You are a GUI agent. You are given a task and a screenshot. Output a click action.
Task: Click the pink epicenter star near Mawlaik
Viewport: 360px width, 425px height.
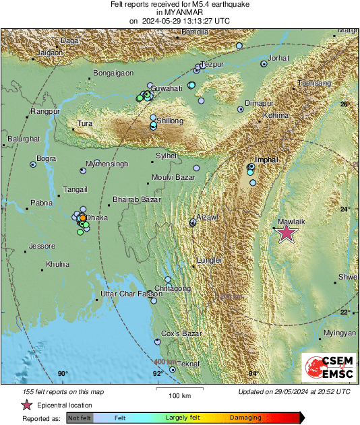287,233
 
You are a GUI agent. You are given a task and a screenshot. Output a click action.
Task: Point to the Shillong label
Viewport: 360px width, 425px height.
170,121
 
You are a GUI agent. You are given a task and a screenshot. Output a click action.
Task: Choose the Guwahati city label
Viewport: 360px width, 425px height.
167,88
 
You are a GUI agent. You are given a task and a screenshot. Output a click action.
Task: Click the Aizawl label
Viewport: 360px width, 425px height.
207,217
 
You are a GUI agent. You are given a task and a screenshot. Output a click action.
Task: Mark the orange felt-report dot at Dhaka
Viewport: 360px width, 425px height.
82,218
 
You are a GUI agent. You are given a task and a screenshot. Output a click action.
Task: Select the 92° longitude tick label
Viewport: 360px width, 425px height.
156,374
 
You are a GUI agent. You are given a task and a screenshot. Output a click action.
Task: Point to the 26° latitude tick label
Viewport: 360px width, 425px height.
344,104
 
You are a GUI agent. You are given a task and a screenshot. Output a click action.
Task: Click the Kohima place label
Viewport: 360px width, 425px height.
276,115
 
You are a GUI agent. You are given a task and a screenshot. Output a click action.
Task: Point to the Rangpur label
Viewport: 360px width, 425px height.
45,111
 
